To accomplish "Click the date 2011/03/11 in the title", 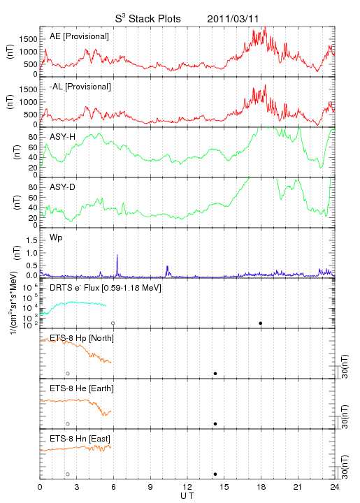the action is (233, 19).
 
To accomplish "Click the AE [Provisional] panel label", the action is (79, 36).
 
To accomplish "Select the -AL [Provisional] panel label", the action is (80, 87).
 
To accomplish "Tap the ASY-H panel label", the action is (63, 137).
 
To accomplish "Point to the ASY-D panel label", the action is (63, 187).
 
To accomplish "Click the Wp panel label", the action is (56, 238).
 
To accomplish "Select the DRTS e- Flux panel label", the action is (106, 288).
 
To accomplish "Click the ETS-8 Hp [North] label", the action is (82, 338).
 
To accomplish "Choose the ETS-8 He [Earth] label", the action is (82, 388).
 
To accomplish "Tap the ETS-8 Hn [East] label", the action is (80, 439).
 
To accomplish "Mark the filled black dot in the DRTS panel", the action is (261, 323).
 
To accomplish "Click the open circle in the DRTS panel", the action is (113, 323).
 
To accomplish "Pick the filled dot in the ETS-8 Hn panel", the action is (215, 474).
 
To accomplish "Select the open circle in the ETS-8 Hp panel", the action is (68, 374).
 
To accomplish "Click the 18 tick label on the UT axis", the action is (261, 487).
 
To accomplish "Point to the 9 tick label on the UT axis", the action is (150, 487).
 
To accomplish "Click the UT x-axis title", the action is (187, 496).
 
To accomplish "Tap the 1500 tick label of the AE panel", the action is (28, 39).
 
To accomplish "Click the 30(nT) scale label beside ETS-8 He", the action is (345, 417).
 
